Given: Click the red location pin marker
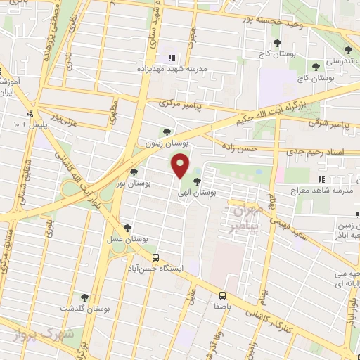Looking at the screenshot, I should coord(181,167).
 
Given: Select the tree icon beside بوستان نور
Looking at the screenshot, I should coord(134,172).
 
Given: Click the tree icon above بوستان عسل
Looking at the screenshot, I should coord(127,227).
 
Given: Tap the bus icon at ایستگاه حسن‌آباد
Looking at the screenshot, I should coord(156,257).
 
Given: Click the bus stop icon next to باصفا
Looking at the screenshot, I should coord(222,295).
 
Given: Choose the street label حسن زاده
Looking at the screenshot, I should coord(257,149).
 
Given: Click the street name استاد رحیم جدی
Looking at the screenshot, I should coord(323,152).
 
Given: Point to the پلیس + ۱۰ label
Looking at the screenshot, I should coord(28,125).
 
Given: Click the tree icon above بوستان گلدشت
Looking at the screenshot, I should coord(84,297).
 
